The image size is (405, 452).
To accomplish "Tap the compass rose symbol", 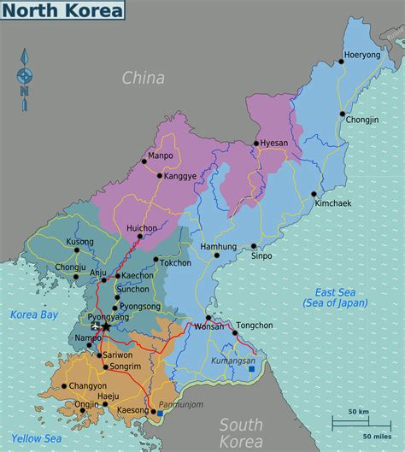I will coord(25,77).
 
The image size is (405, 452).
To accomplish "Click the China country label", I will coord(143,79).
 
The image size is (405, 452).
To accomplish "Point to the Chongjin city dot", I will coord(342,113).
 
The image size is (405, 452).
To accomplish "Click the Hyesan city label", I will coord(274,144).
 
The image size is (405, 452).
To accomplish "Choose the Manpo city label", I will coord(160,156).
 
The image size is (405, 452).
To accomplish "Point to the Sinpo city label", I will coord(261,255).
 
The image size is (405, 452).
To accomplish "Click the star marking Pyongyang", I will coord(105,326).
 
